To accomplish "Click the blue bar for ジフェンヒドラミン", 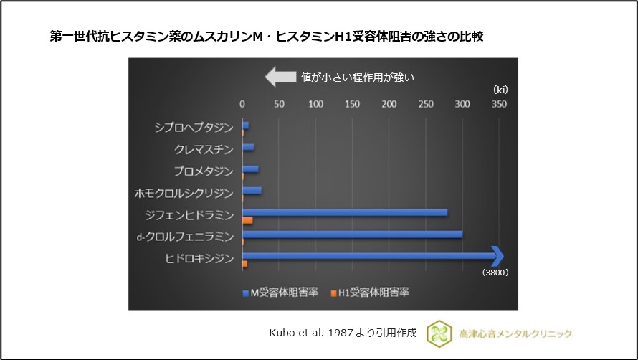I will click(x=345, y=212).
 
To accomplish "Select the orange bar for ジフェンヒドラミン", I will click(x=247, y=220).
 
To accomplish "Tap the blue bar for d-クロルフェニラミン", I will click(x=352, y=234).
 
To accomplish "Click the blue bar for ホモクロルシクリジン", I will click(x=252, y=191).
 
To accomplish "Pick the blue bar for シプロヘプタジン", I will click(x=246, y=125).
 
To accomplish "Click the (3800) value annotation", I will click(x=495, y=273).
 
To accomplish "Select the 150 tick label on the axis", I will click(x=352, y=105).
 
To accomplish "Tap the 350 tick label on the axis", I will click(x=499, y=105).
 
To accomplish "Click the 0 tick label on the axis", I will click(x=242, y=105).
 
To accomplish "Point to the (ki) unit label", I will click(x=500, y=89).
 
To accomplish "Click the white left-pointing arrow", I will click(x=280, y=76).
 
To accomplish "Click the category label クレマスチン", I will click(x=204, y=149).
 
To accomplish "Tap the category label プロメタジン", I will click(x=204, y=171).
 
